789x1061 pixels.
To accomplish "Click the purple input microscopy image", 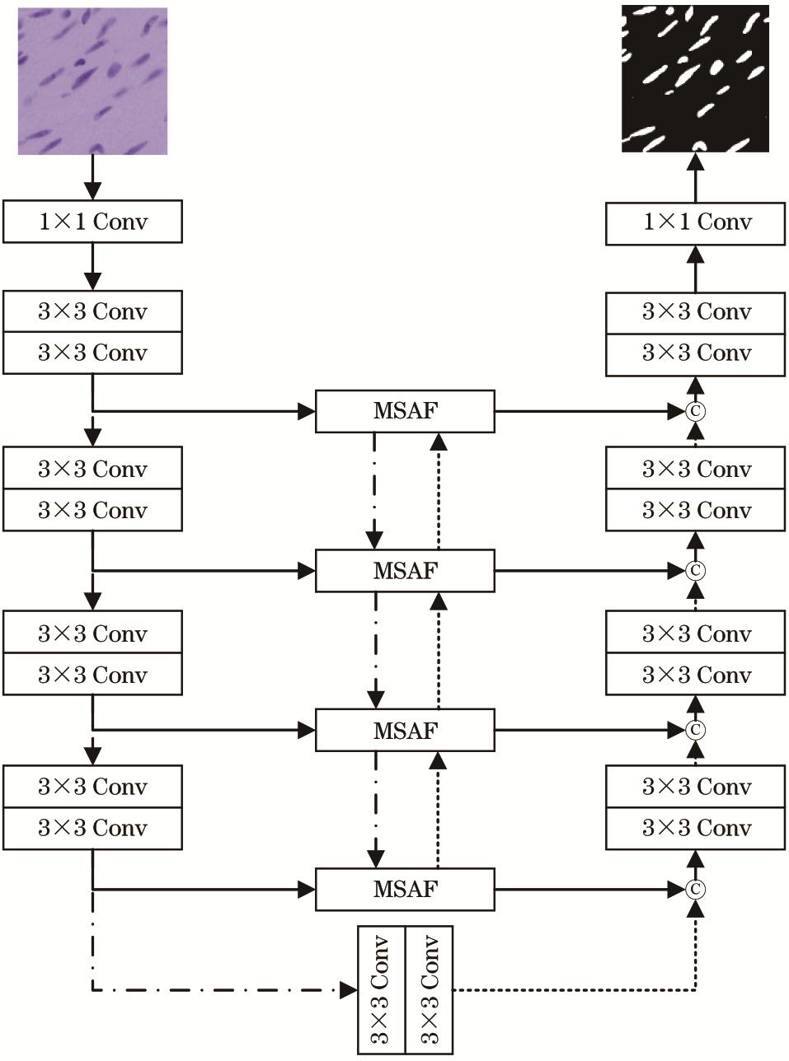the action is (x=92, y=81).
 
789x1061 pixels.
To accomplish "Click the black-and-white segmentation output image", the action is (x=695, y=78).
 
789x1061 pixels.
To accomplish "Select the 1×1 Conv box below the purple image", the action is (x=92, y=222).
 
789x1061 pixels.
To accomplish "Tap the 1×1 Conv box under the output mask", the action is (x=695, y=224).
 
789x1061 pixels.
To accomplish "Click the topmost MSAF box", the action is (x=405, y=411).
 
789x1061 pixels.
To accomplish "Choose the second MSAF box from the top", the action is (x=405, y=571).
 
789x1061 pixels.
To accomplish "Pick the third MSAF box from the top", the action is (x=405, y=730).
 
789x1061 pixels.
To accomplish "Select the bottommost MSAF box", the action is (x=405, y=890).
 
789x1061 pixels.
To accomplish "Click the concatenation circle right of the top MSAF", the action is (x=695, y=411).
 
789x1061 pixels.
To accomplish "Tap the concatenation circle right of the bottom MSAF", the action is (x=695, y=890).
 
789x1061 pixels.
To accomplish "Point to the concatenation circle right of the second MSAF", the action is (x=695, y=570).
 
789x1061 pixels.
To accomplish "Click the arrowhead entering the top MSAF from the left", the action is (x=307, y=411).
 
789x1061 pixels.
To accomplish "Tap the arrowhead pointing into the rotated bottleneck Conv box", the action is (x=349, y=990).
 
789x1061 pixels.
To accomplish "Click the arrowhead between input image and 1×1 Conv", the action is (x=92, y=191).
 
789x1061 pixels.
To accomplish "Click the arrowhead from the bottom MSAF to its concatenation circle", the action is (x=677, y=890).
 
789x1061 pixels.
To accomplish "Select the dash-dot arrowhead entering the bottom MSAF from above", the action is (x=375, y=859).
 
